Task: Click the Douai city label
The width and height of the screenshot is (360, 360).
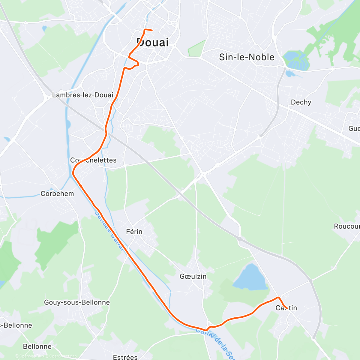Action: [153, 43]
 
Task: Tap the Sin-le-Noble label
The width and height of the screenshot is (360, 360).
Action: [247, 57]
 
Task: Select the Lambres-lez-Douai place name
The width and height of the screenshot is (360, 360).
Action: [83, 95]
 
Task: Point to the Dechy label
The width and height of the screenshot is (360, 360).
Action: [301, 102]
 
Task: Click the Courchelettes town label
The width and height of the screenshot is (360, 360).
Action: [93, 160]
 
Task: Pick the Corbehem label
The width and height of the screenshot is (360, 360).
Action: [57, 194]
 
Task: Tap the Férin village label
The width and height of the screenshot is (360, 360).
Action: [134, 232]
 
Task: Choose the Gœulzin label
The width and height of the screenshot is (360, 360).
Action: [193, 276]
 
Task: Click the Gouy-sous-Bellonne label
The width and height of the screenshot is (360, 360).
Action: [77, 302]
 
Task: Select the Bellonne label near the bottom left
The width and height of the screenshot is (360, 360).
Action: [37, 346]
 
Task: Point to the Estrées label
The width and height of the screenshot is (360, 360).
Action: [125, 357]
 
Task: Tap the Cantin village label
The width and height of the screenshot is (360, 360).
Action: [286, 308]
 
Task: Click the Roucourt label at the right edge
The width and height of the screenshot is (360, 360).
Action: [347, 226]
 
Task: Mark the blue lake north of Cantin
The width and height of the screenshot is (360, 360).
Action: [250, 277]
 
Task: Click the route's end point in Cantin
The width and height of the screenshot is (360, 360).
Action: [287, 308]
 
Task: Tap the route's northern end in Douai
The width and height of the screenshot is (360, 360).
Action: [152, 30]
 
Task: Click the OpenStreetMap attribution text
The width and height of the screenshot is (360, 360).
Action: [63, 356]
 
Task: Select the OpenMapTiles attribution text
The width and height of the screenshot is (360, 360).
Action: [31, 356]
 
